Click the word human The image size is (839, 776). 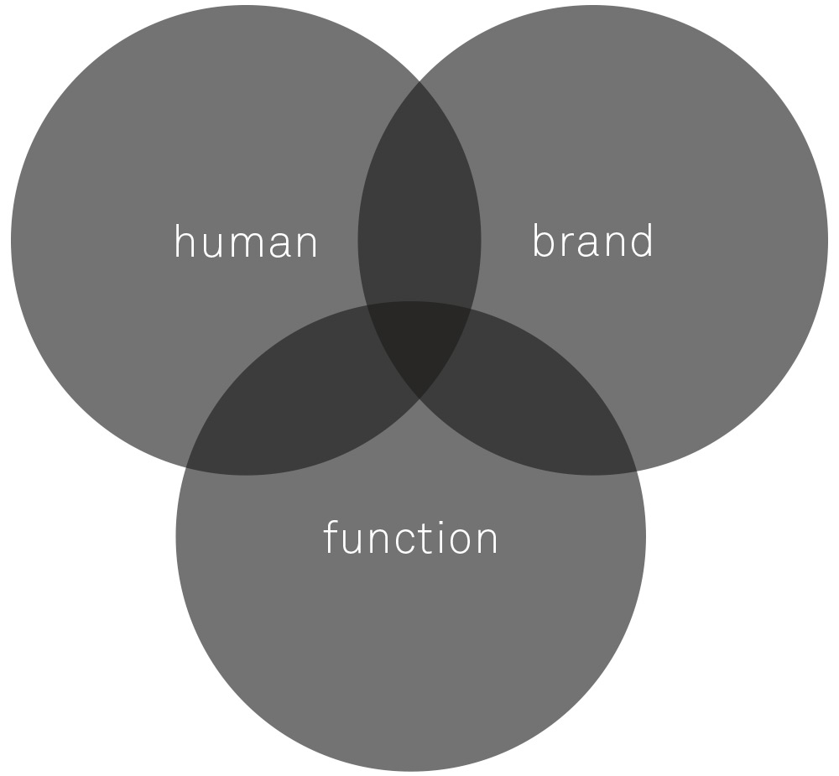point(246,242)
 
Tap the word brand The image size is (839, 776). point(593,241)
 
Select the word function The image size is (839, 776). point(411,537)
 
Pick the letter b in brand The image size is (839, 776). point(543,241)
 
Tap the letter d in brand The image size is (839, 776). point(643,241)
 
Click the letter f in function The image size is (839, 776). point(330,537)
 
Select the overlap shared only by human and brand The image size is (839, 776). point(419,203)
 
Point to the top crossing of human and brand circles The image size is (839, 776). point(419,81)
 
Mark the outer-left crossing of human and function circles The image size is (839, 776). point(185,467)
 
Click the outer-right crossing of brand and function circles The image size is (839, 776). point(637,471)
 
